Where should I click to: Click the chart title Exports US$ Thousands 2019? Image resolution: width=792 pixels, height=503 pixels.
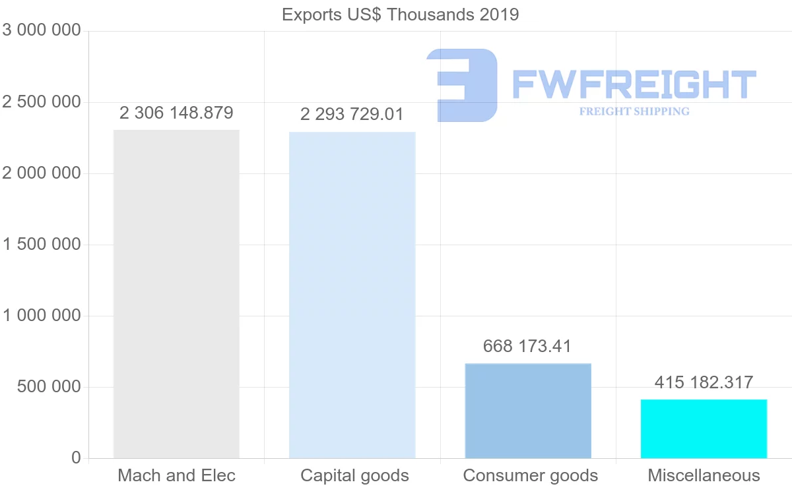point(400,15)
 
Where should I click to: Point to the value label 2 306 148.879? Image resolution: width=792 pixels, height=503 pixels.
point(176,113)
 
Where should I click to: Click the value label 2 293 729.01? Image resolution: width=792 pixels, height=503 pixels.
point(352,114)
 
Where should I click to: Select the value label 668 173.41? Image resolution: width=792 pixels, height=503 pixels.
point(527,346)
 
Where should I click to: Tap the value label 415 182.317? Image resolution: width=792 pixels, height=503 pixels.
point(704,382)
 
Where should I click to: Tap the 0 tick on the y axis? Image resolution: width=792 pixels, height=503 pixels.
point(76,458)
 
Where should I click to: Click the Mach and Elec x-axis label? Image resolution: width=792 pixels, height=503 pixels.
point(176,476)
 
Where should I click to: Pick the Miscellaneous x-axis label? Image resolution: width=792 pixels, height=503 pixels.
point(704,476)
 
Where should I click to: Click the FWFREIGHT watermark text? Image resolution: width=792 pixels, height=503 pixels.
point(634,84)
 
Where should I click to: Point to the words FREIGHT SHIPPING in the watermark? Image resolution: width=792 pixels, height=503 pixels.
point(634,111)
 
